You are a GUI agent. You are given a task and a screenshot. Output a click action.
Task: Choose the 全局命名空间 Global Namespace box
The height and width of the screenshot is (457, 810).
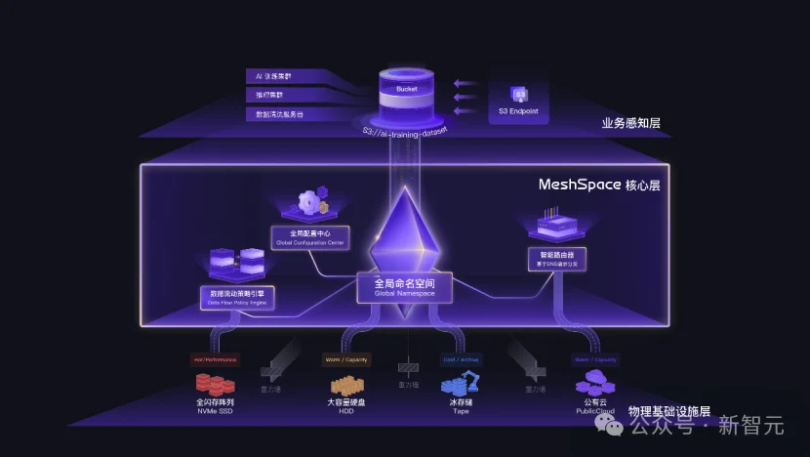[404, 286]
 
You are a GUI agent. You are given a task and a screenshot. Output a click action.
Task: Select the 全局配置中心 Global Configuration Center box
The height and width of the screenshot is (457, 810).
[310, 237]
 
